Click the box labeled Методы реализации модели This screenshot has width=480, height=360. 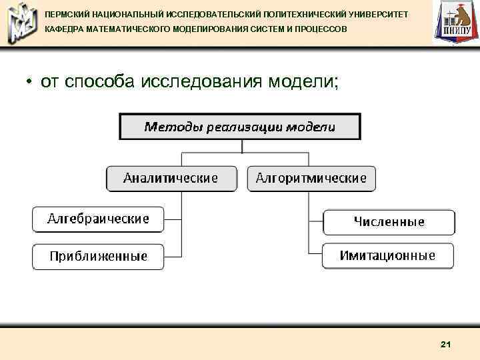click(240, 127)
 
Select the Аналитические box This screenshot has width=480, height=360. click(171, 179)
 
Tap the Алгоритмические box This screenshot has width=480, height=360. click(311, 179)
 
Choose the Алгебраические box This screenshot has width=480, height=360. click(98, 219)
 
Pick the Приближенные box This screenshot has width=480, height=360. click(98, 257)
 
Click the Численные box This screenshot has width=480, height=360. click(389, 222)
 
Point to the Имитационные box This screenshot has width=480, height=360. click(387, 256)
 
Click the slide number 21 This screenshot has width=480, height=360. click(446, 344)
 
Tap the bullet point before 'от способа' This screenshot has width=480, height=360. click(30, 83)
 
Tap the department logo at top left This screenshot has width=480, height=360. click(21, 23)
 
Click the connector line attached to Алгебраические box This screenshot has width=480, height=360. click(173, 219)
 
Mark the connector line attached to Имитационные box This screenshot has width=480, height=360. click(315, 254)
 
